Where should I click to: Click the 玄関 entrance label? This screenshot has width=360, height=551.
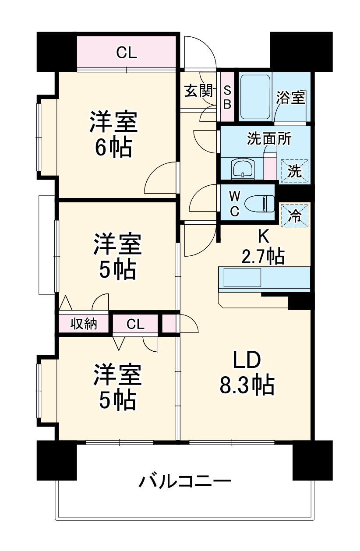pos(198,91)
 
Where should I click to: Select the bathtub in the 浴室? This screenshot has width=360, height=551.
pos(255,96)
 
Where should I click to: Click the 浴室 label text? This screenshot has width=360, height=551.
pos(291,97)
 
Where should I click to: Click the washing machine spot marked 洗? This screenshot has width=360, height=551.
pos(294,170)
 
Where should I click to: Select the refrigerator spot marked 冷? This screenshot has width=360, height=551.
pos(295,215)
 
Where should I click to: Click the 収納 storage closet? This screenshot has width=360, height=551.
pos(83,324)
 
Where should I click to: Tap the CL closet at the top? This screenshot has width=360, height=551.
pos(127,53)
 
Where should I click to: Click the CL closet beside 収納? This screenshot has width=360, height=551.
pos(135,325)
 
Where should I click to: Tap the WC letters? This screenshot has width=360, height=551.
pos(234,202)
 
